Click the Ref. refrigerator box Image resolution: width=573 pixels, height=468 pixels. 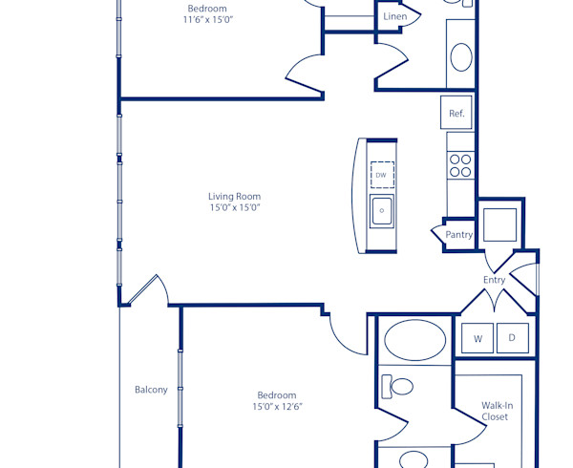click(457, 114)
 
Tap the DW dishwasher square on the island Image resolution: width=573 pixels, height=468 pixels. click(381, 175)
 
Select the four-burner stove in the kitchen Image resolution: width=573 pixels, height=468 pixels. click(460, 166)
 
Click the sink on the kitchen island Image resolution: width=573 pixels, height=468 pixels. click(382, 210)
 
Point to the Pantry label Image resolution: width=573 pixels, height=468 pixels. click(459, 235)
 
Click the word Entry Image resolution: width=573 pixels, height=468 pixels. click(494, 280)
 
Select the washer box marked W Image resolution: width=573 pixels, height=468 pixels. click(477, 337)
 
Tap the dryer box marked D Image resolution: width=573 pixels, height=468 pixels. click(512, 337)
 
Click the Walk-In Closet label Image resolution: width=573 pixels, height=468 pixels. click(497, 411)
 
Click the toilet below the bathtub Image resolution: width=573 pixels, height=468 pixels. click(398, 386)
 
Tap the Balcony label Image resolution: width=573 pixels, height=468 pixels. click(151, 390)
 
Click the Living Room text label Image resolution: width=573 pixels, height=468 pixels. click(235, 197)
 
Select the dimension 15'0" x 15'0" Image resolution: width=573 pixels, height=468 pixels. click(235, 208)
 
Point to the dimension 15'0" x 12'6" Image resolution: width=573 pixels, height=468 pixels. click(277, 407)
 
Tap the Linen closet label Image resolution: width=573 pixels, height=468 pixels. click(394, 17)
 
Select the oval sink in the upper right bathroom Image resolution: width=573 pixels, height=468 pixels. click(460, 57)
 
